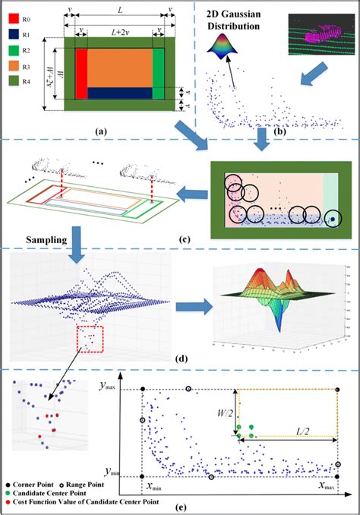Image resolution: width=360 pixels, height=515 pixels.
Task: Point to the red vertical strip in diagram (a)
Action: (x=81, y=74)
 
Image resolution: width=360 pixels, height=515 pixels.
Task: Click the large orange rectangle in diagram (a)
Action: (x=120, y=68)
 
